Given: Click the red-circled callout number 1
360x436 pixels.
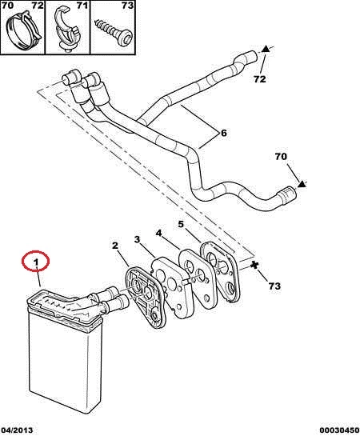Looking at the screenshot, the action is [35, 262].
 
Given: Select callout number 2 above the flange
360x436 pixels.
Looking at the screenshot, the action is [115, 246].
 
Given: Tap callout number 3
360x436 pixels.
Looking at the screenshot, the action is [137, 239].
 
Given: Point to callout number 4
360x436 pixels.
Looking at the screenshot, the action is [158, 233].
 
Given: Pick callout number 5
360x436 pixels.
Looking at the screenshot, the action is [181, 224].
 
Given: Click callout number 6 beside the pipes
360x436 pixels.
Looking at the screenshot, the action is [224, 133].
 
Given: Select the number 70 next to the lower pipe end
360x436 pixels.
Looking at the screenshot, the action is [281, 157].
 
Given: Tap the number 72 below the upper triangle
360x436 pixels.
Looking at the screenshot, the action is [260, 79].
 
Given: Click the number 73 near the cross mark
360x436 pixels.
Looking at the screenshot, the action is [274, 286].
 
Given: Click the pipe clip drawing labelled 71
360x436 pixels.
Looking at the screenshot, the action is [66, 30].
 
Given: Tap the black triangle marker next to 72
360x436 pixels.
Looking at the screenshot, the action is [266, 50].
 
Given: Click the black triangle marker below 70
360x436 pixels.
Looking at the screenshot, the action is [301, 183].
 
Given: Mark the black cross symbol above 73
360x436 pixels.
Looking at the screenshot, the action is [254, 265].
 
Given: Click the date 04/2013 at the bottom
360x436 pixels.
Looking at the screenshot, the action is [17, 430].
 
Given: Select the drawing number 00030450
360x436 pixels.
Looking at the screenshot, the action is [339, 430].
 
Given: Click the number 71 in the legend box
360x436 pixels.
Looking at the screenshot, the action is [82, 5].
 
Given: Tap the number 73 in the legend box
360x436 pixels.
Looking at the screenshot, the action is [127, 5].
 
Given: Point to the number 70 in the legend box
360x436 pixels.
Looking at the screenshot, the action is [8, 5].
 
